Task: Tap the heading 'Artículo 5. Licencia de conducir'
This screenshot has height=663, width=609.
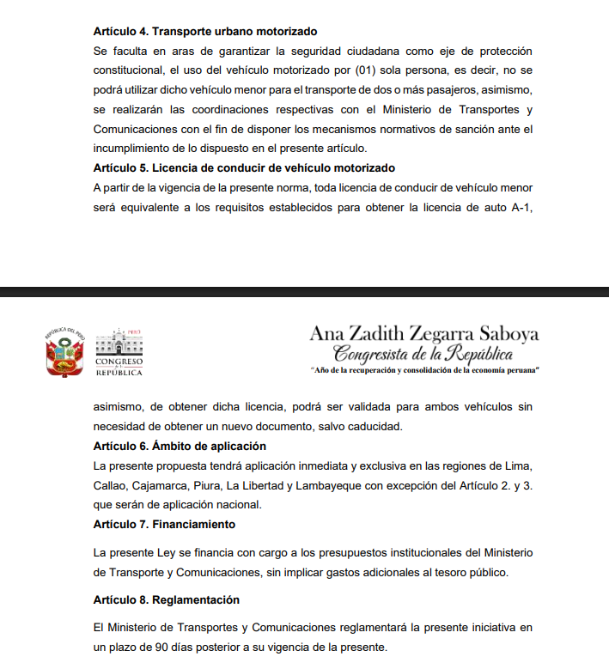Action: point(243,167)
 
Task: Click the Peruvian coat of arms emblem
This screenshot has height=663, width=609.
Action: point(64,351)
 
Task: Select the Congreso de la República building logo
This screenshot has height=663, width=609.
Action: point(119,351)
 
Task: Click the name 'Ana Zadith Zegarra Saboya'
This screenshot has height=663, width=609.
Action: point(424,333)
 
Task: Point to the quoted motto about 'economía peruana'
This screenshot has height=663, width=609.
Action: point(424,369)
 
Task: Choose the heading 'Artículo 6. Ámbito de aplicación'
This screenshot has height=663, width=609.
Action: point(180,446)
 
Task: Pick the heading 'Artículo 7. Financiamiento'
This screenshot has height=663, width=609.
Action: point(164,524)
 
